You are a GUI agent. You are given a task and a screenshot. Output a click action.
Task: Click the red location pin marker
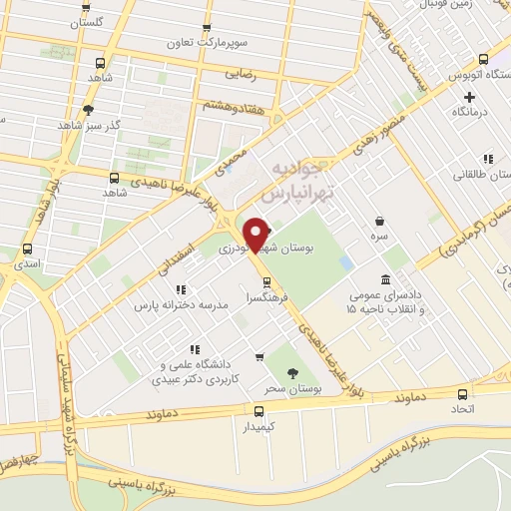tap(257, 235)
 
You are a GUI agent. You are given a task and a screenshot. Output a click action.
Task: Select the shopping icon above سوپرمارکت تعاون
tap(207, 28)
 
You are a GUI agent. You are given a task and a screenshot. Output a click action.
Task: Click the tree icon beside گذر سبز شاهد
tap(89, 110)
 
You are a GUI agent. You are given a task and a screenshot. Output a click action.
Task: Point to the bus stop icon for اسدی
tap(27, 250)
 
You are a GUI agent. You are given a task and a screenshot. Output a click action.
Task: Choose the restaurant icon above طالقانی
tap(488, 158)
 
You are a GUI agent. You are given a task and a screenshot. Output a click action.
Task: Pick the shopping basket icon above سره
tap(380, 222)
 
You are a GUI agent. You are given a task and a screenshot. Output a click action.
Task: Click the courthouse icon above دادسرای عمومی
tap(386, 279)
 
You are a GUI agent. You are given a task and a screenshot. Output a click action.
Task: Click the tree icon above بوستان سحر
tap(291, 372)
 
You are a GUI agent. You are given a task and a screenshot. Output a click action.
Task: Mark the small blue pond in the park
tap(346, 261)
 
